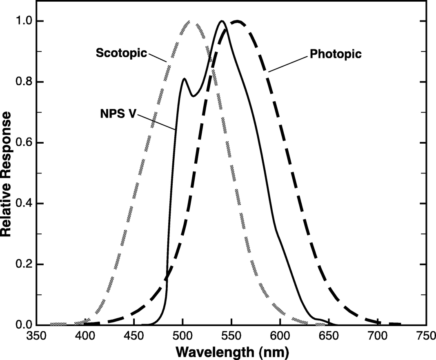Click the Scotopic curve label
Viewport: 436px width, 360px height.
point(121,53)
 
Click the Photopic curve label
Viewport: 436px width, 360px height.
point(336,54)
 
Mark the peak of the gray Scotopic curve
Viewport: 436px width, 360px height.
point(190,21)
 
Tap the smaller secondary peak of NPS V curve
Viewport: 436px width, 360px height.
point(185,79)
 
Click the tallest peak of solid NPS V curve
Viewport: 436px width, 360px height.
point(222,21)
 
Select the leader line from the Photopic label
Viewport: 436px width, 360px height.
point(287,63)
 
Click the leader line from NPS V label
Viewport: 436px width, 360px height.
point(157,122)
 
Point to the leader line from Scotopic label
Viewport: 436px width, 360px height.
point(157,57)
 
